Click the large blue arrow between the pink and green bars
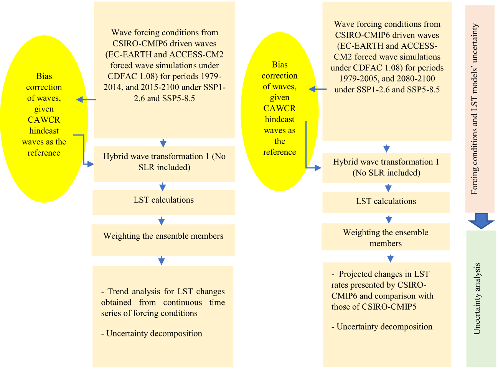coord(481,221)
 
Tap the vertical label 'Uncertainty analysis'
coord(477,298)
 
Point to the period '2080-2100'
coord(416,79)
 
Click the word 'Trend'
coord(118,292)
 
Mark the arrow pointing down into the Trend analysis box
coord(162,261)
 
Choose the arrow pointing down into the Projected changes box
coord(390,258)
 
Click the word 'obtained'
coord(116,302)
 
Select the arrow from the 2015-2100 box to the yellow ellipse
coord(86,100)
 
